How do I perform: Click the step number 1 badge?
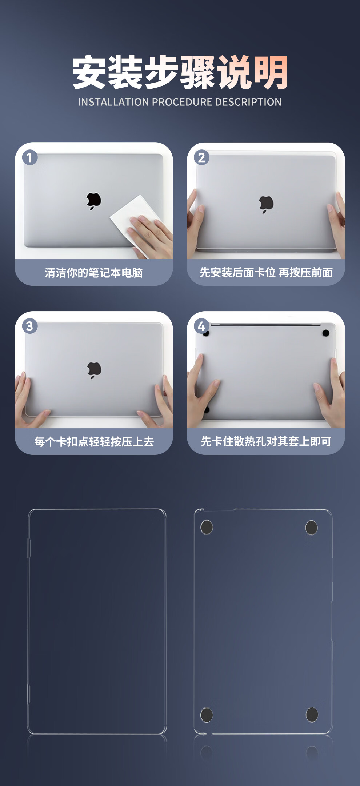30,157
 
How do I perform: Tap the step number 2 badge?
201,157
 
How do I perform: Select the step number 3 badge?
30,326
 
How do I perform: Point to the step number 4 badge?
201,326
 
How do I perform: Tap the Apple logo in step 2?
266,204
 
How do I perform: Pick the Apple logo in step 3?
94,370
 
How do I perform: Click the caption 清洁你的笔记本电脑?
94,273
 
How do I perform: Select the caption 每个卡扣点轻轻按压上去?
94,441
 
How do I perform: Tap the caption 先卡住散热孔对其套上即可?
266,441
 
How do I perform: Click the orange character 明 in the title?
271,72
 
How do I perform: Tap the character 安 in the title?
89,72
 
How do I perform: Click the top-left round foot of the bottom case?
207,527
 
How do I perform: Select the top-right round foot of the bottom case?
312,528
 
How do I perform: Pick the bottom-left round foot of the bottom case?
207,715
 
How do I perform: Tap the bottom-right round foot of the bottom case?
312,715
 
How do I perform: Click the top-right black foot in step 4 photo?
326,333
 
